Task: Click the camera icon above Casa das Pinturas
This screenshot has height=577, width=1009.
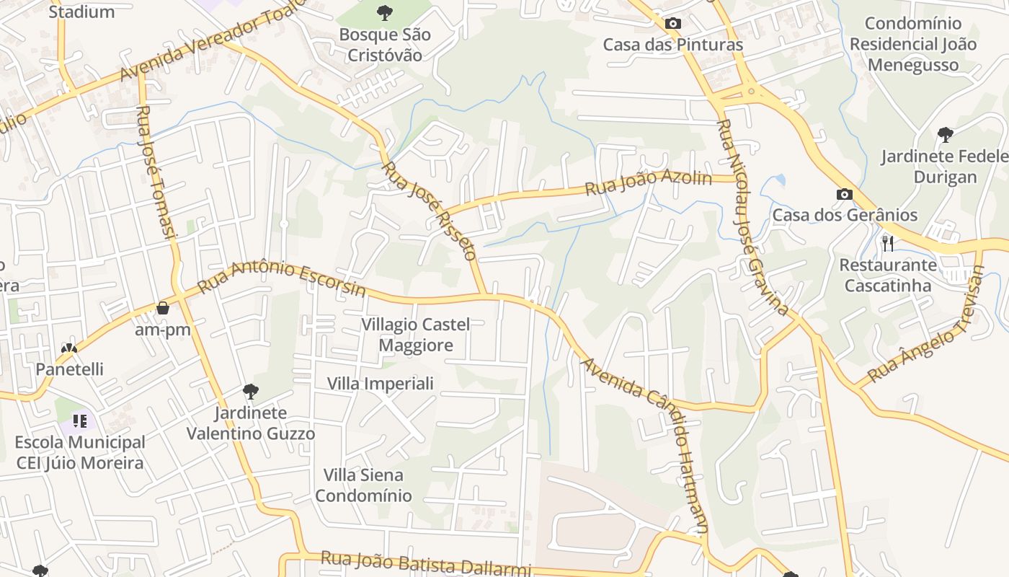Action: pyautogui.click(x=672, y=23)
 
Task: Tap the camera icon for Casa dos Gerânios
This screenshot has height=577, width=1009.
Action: pyautogui.click(x=844, y=194)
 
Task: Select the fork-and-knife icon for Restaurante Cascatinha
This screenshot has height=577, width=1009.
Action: pyautogui.click(x=888, y=243)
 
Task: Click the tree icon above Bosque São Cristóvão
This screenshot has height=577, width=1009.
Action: pyautogui.click(x=384, y=12)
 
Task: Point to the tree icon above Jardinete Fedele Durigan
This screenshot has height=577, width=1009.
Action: pyautogui.click(x=945, y=134)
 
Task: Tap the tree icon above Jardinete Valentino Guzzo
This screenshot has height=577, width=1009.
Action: pyautogui.click(x=250, y=392)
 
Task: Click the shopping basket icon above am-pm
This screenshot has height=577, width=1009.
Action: pyautogui.click(x=163, y=308)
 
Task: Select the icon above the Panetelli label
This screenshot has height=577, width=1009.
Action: pyautogui.click(x=69, y=349)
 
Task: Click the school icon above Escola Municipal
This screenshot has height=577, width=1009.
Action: pyautogui.click(x=79, y=420)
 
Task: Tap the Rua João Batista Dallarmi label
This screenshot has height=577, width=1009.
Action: pyautogui.click(x=425, y=563)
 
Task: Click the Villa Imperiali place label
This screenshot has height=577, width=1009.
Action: pyautogui.click(x=381, y=383)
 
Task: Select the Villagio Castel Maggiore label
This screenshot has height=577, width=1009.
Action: pyautogui.click(x=416, y=335)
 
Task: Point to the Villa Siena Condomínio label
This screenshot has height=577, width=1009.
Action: pyautogui.click(x=363, y=485)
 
